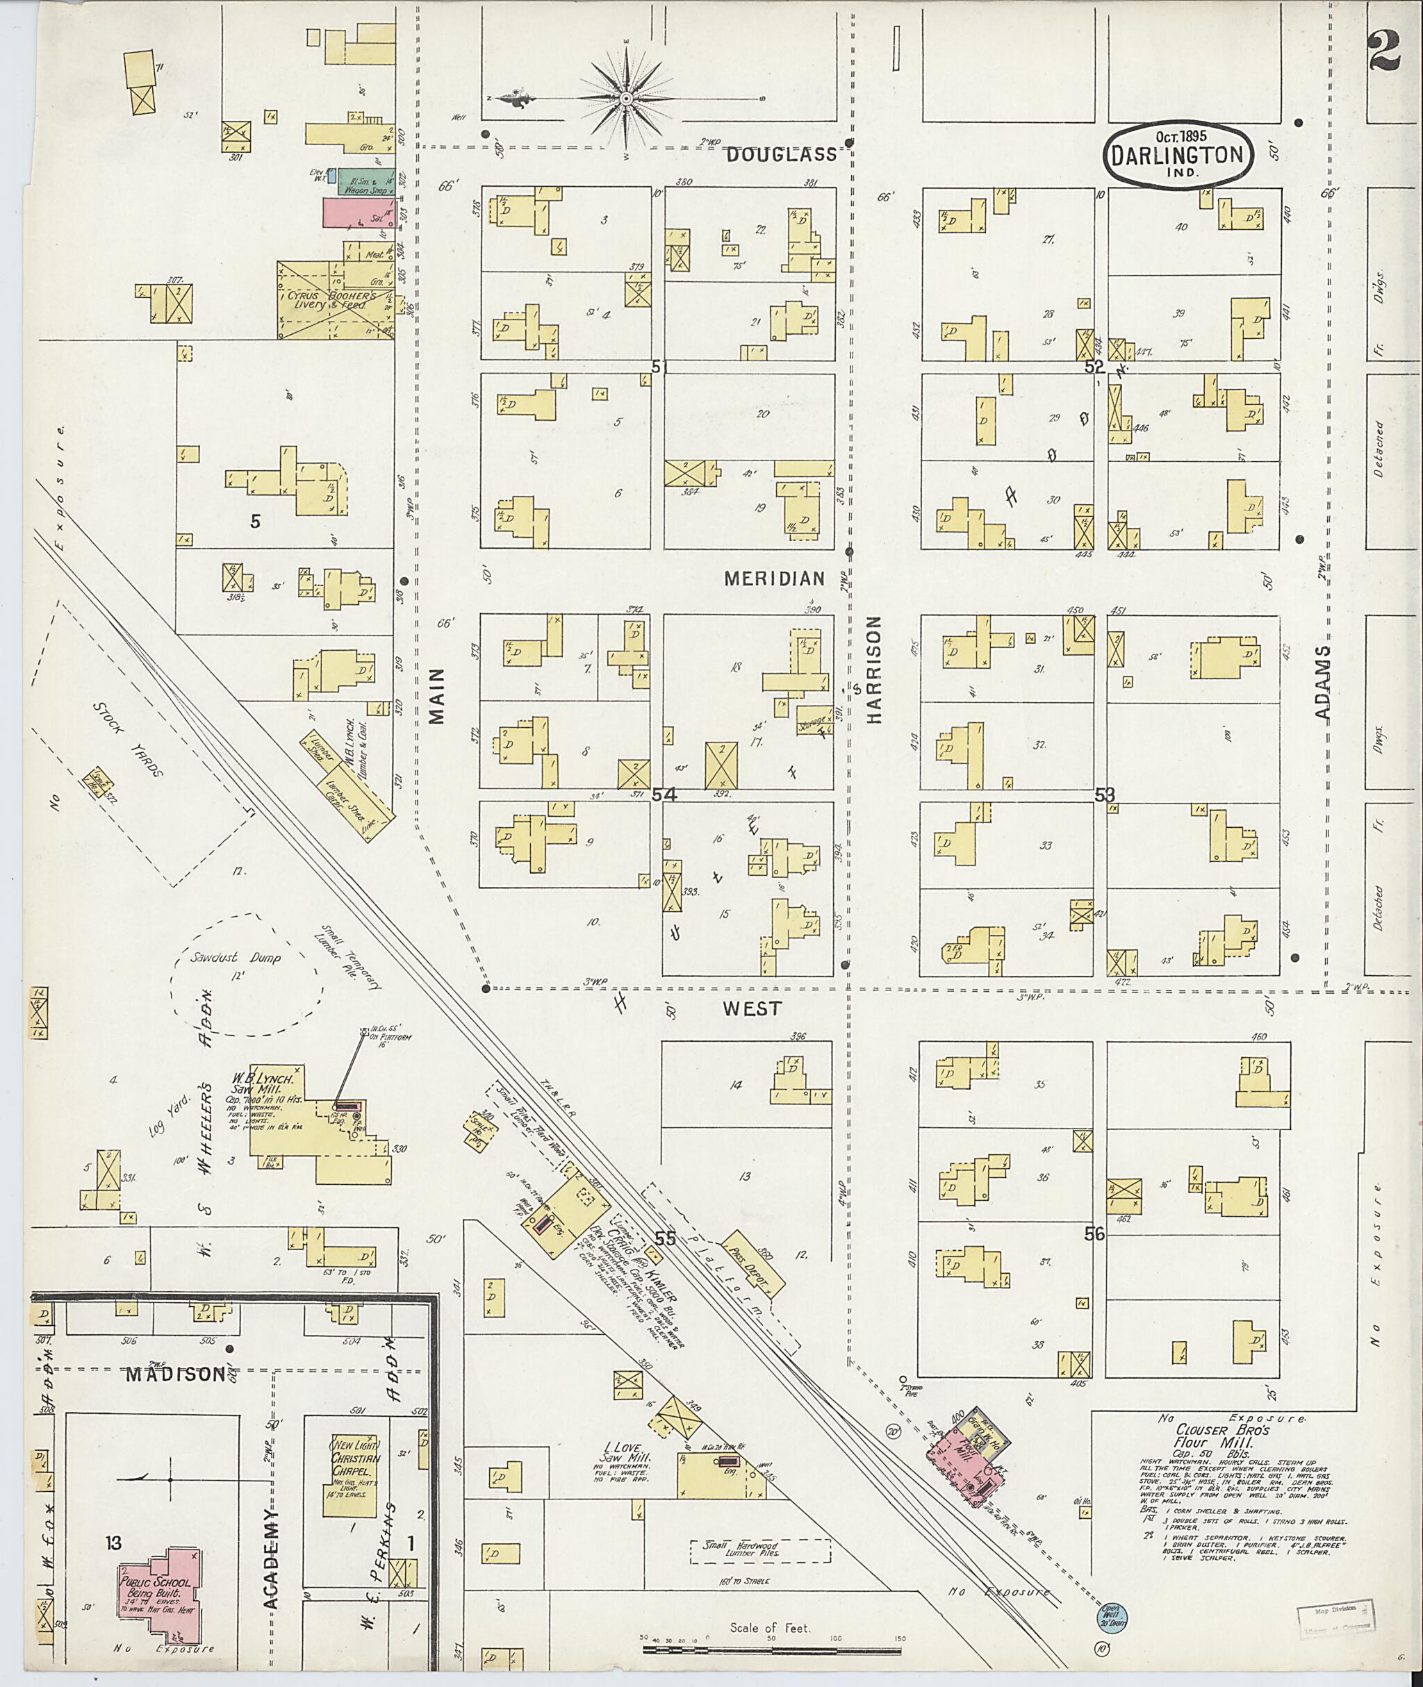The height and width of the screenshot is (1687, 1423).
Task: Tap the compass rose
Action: [625, 99]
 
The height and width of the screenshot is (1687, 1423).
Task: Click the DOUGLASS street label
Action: [781, 155]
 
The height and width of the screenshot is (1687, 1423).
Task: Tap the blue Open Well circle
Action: [1113, 1615]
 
